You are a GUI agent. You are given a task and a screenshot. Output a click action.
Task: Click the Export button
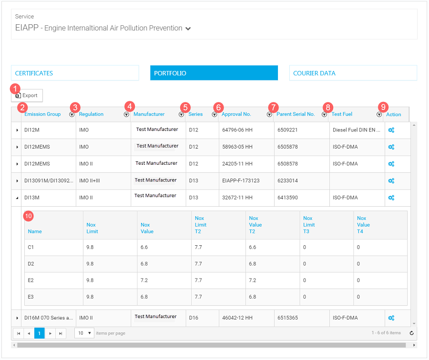(28, 96)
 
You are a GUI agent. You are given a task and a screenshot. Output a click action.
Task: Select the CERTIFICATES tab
(75, 73)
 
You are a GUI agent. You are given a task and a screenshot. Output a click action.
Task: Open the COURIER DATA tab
(353, 73)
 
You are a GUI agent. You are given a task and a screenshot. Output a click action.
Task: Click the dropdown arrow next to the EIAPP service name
(188, 29)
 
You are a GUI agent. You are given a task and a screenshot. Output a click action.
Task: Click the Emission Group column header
(42, 114)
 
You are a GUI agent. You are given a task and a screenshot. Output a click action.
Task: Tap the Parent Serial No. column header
(296, 114)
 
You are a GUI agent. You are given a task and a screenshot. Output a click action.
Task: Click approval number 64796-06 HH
(237, 130)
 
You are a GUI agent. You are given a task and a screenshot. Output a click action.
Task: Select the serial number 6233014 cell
(287, 181)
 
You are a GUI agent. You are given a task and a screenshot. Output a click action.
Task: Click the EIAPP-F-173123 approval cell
(241, 181)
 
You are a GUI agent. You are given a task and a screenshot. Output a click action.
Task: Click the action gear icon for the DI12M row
(391, 130)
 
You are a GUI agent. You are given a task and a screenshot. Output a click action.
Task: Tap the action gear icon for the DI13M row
(391, 198)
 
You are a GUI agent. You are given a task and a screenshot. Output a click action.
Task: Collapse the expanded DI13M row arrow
(17, 198)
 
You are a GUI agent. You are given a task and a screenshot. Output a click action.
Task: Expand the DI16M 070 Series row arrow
(17, 318)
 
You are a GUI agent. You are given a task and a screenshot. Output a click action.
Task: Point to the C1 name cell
(31, 248)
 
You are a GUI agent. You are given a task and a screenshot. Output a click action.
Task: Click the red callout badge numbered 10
(29, 216)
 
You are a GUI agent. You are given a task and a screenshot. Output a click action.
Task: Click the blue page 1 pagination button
(40, 333)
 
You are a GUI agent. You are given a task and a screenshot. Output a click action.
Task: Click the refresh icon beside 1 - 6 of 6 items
(411, 333)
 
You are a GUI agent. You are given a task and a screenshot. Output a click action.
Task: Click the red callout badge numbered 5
(185, 108)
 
